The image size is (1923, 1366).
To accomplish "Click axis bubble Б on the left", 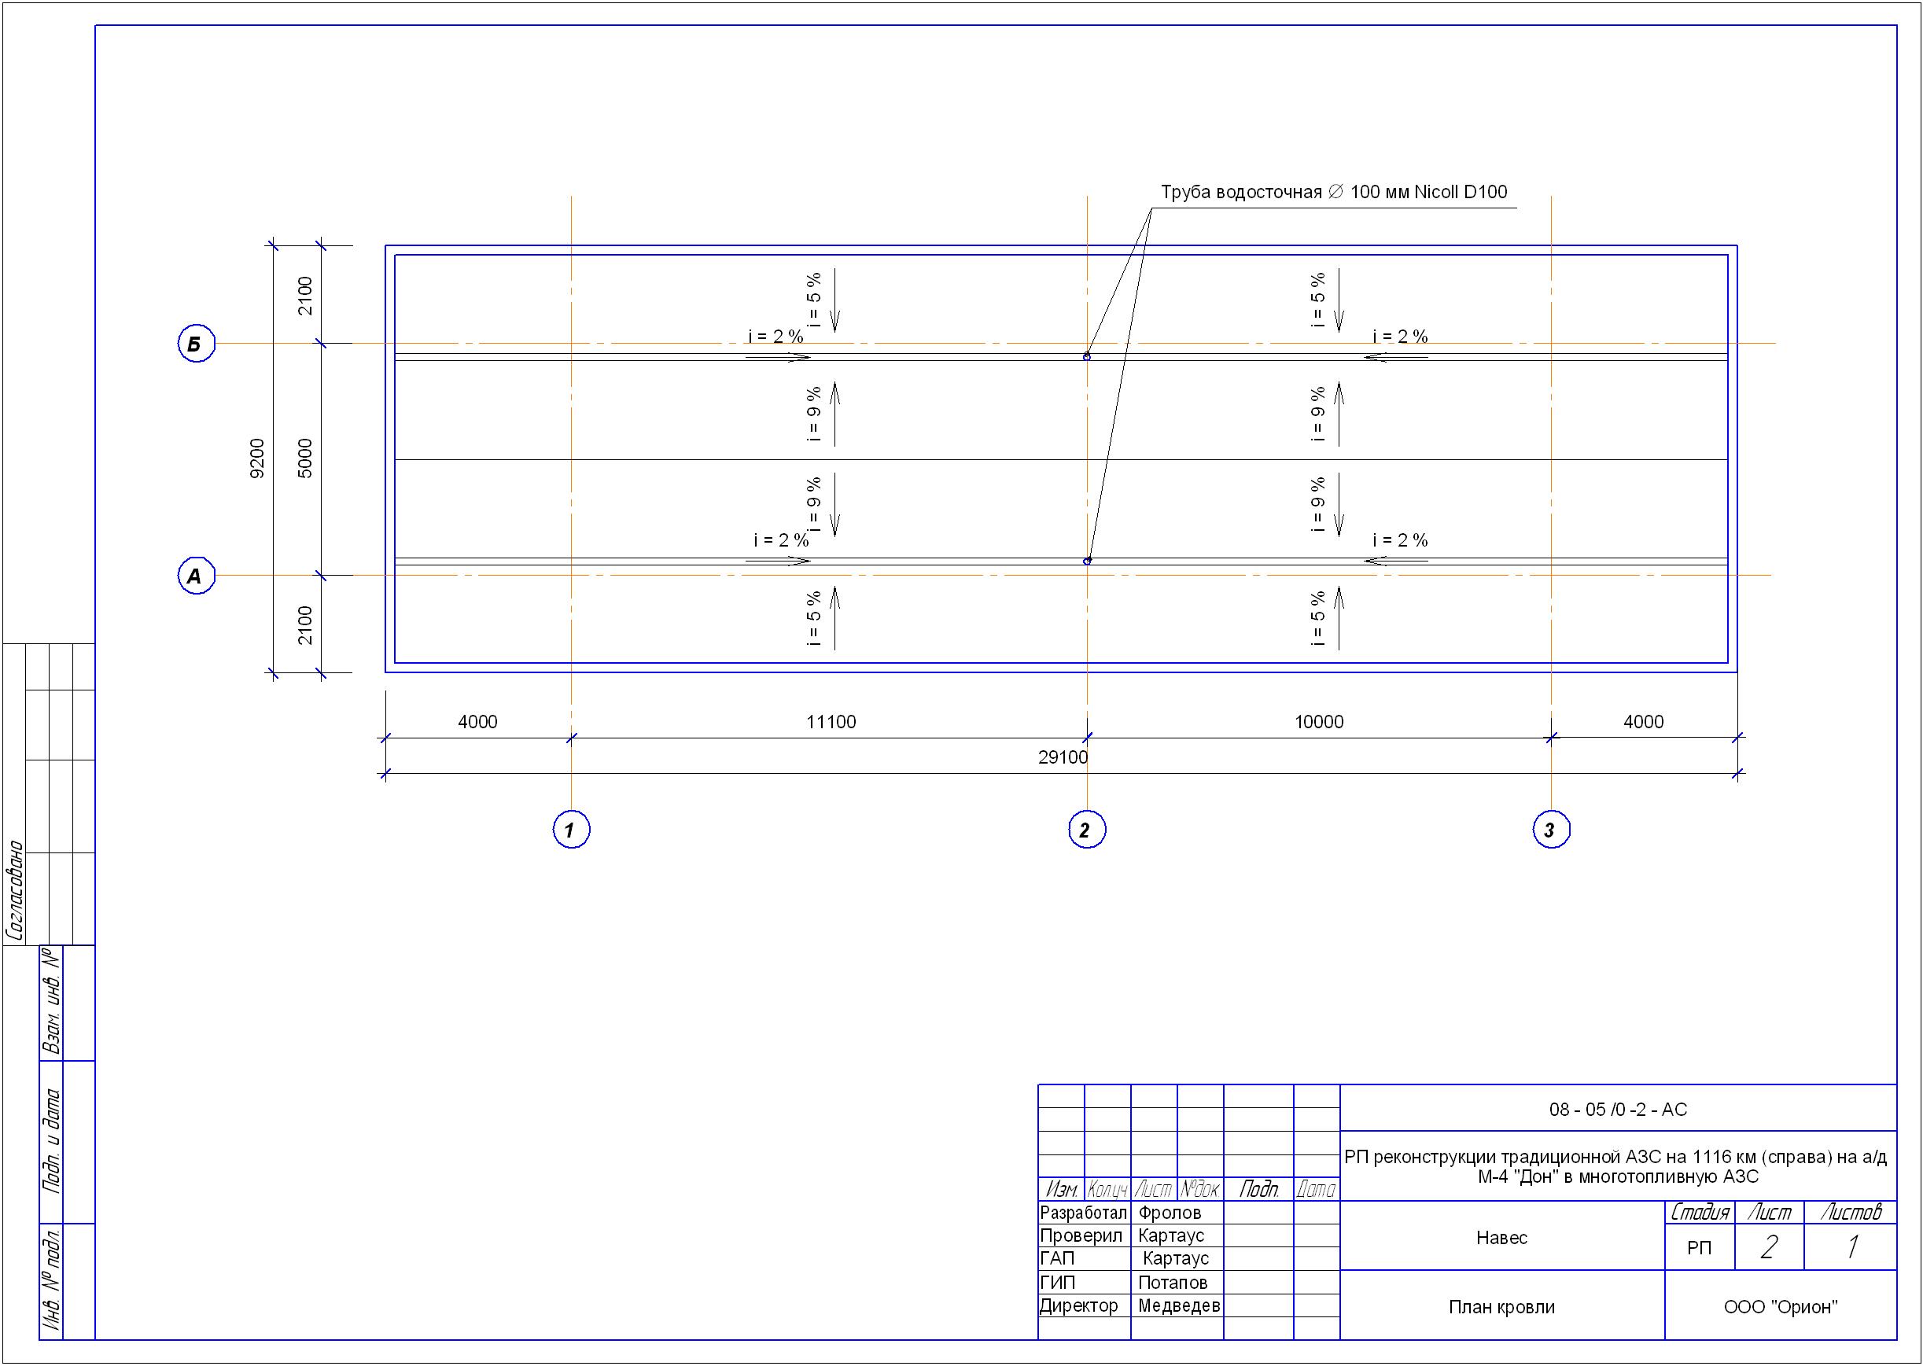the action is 196,343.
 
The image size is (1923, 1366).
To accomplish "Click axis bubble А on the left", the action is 196,576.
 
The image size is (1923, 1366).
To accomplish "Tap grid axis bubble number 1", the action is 571,830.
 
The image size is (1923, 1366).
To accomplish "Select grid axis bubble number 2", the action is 1087,830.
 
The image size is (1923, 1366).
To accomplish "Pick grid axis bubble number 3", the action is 1551,830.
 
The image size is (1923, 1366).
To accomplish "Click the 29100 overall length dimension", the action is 1063,757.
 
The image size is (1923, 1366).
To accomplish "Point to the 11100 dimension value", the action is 831,722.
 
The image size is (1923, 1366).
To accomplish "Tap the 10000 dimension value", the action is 1319,722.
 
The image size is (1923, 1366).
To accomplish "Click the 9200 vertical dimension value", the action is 257,458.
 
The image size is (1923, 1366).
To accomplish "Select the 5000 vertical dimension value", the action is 305,458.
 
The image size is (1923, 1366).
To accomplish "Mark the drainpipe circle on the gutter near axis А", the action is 1087,561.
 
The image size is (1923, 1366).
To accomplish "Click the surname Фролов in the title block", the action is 1170,1213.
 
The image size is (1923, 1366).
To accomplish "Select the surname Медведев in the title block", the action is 1178,1305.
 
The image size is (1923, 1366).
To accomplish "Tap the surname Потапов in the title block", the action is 1173,1283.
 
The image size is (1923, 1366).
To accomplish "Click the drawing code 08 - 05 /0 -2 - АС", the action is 1618,1110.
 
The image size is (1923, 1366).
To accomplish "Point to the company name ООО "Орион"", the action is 1780,1307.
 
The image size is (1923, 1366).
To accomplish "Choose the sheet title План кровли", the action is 1501,1307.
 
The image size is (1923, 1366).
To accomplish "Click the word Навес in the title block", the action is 1501,1237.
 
